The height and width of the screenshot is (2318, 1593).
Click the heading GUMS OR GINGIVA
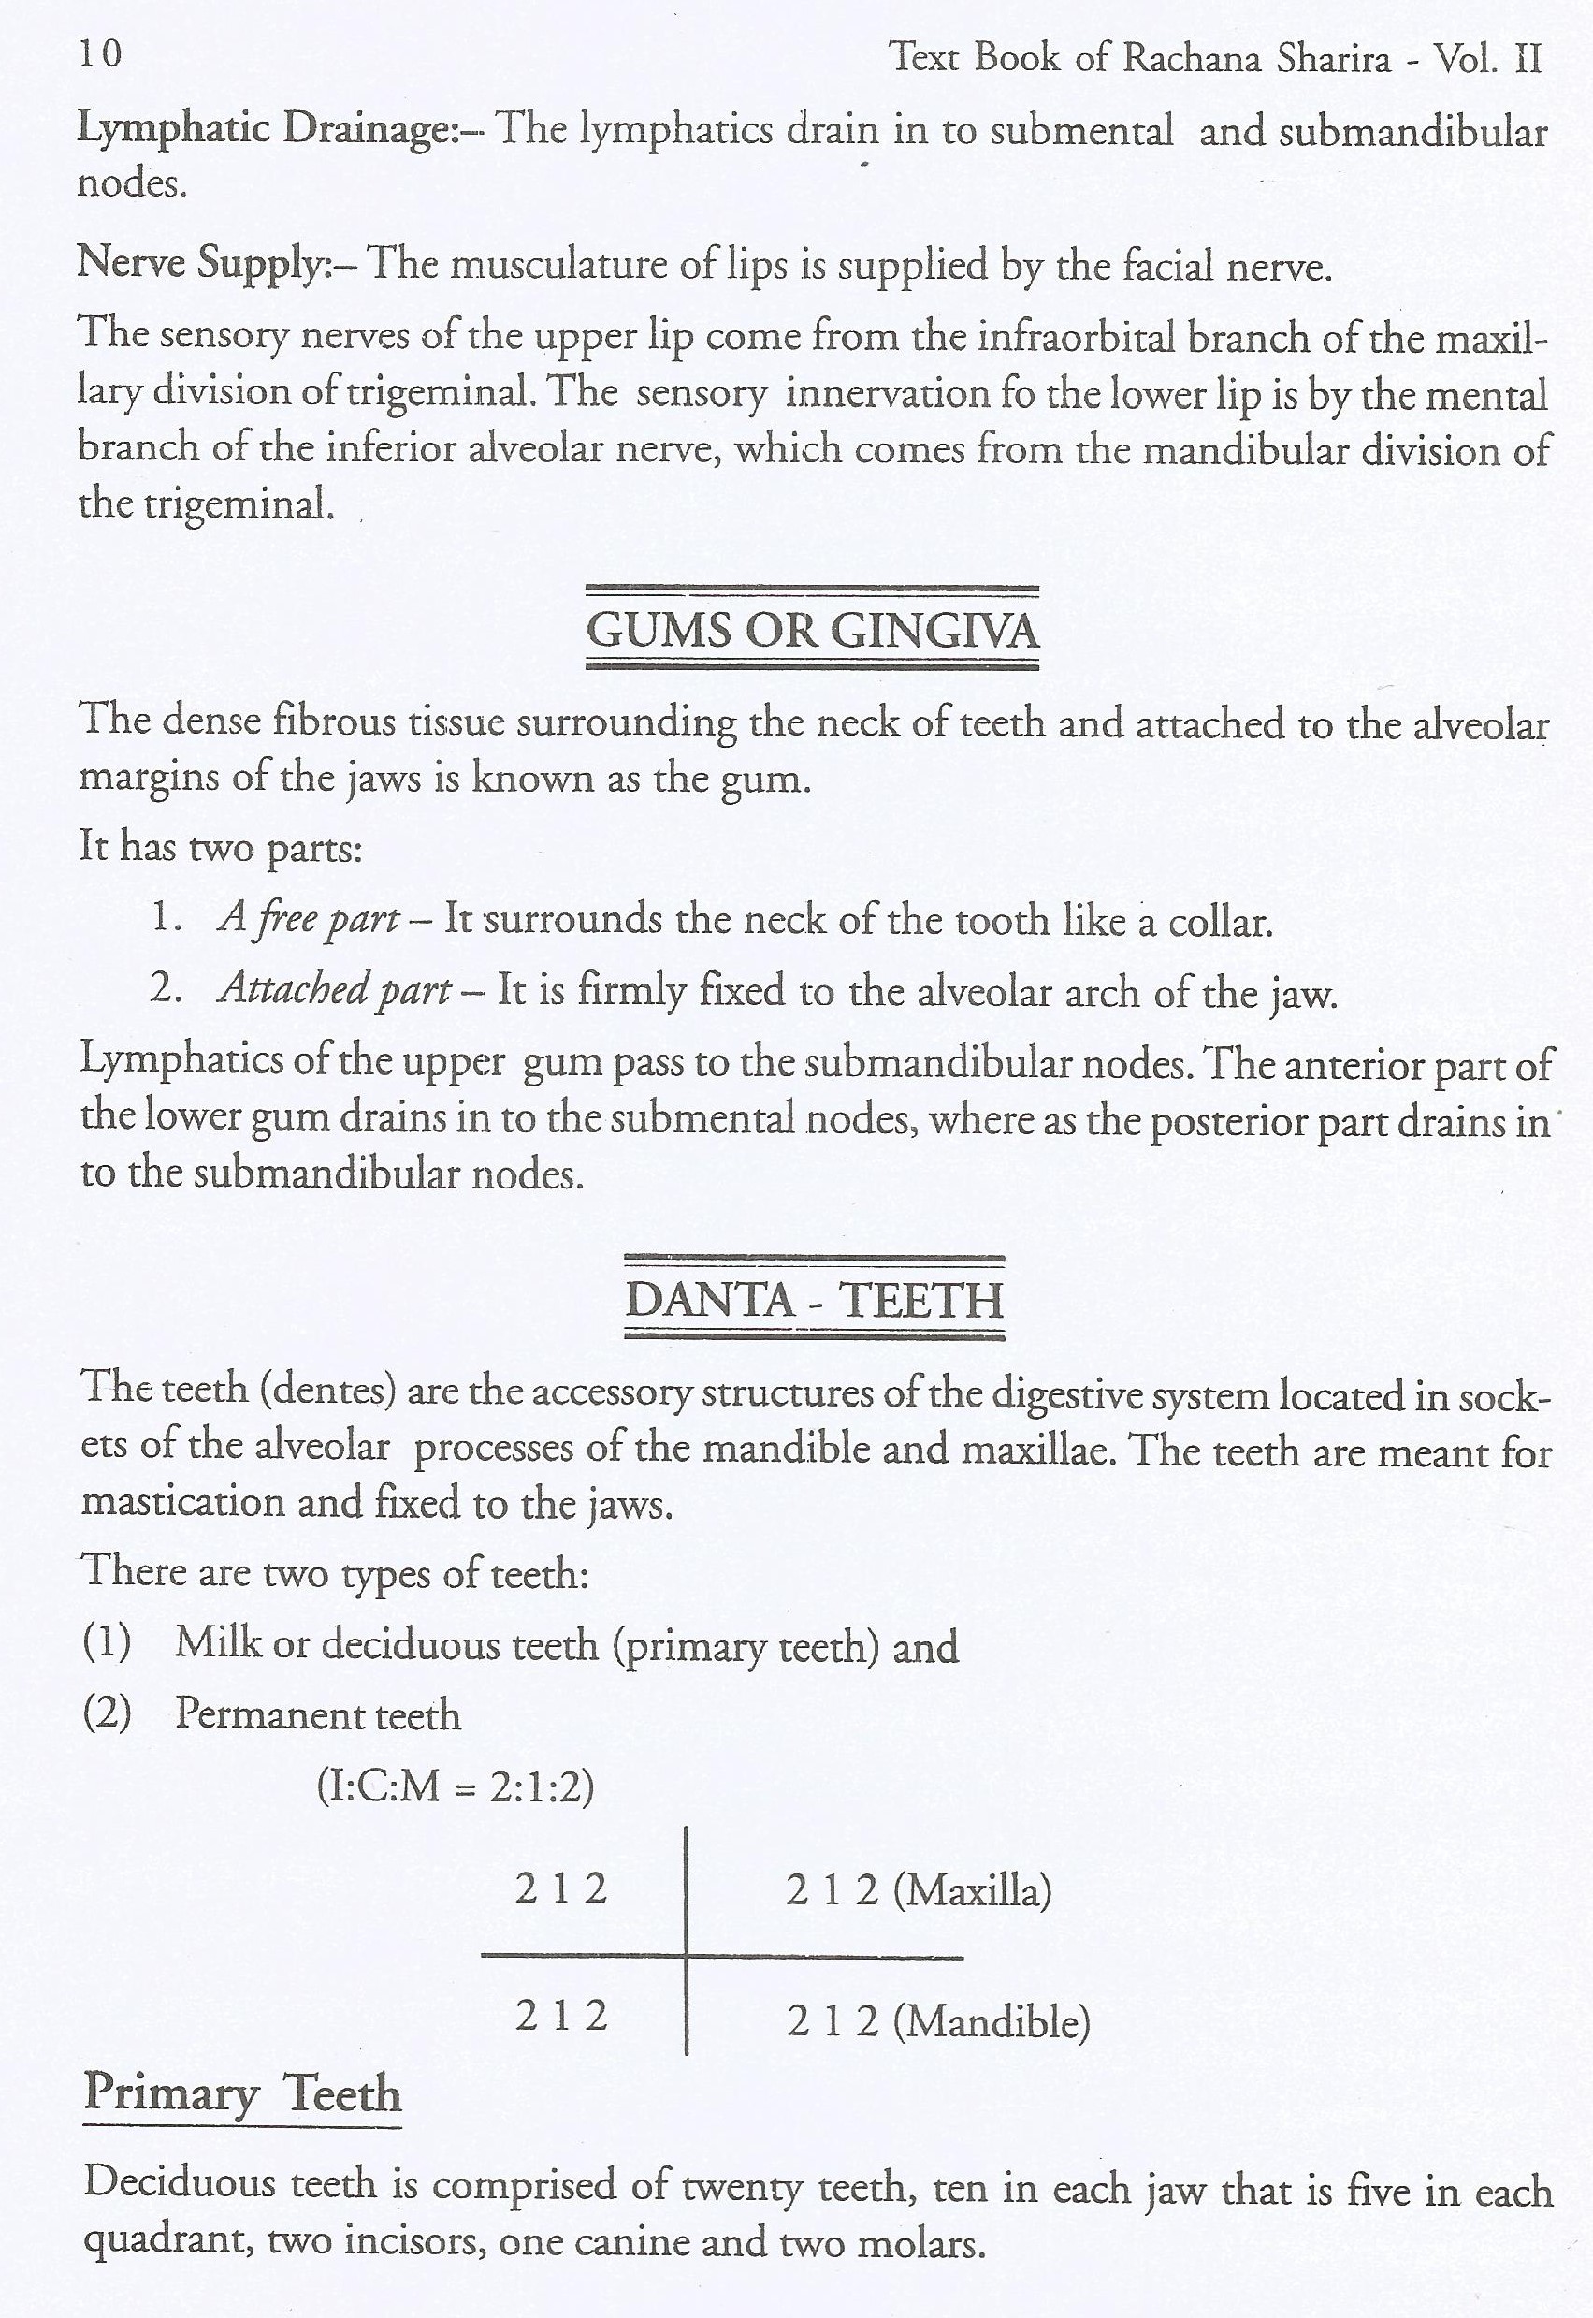pyautogui.click(x=812, y=631)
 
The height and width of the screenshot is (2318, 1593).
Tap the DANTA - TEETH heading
pyautogui.click(x=814, y=1300)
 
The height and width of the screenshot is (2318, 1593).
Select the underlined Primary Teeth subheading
pyautogui.click(x=242, y=2094)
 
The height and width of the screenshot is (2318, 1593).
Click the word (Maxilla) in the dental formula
pyautogui.click(x=972, y=1891)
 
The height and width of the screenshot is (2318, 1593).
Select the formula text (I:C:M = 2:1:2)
pyautogui.click(x=456, y=1785)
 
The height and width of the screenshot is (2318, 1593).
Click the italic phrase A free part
pyautogui.click(x=309, y=918)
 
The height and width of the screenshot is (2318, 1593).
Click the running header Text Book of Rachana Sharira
pyautogui.click(x=1138, y=58)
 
